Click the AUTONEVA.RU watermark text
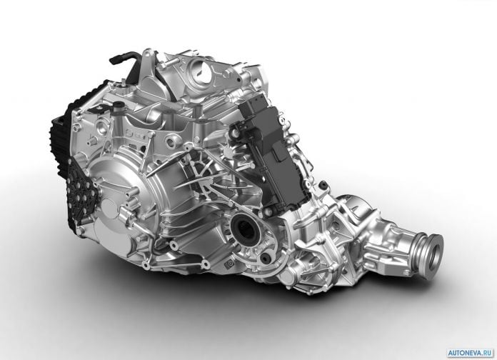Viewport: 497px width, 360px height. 471,353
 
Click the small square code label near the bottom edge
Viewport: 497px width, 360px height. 228,264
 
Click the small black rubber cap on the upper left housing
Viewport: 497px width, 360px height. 119,104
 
